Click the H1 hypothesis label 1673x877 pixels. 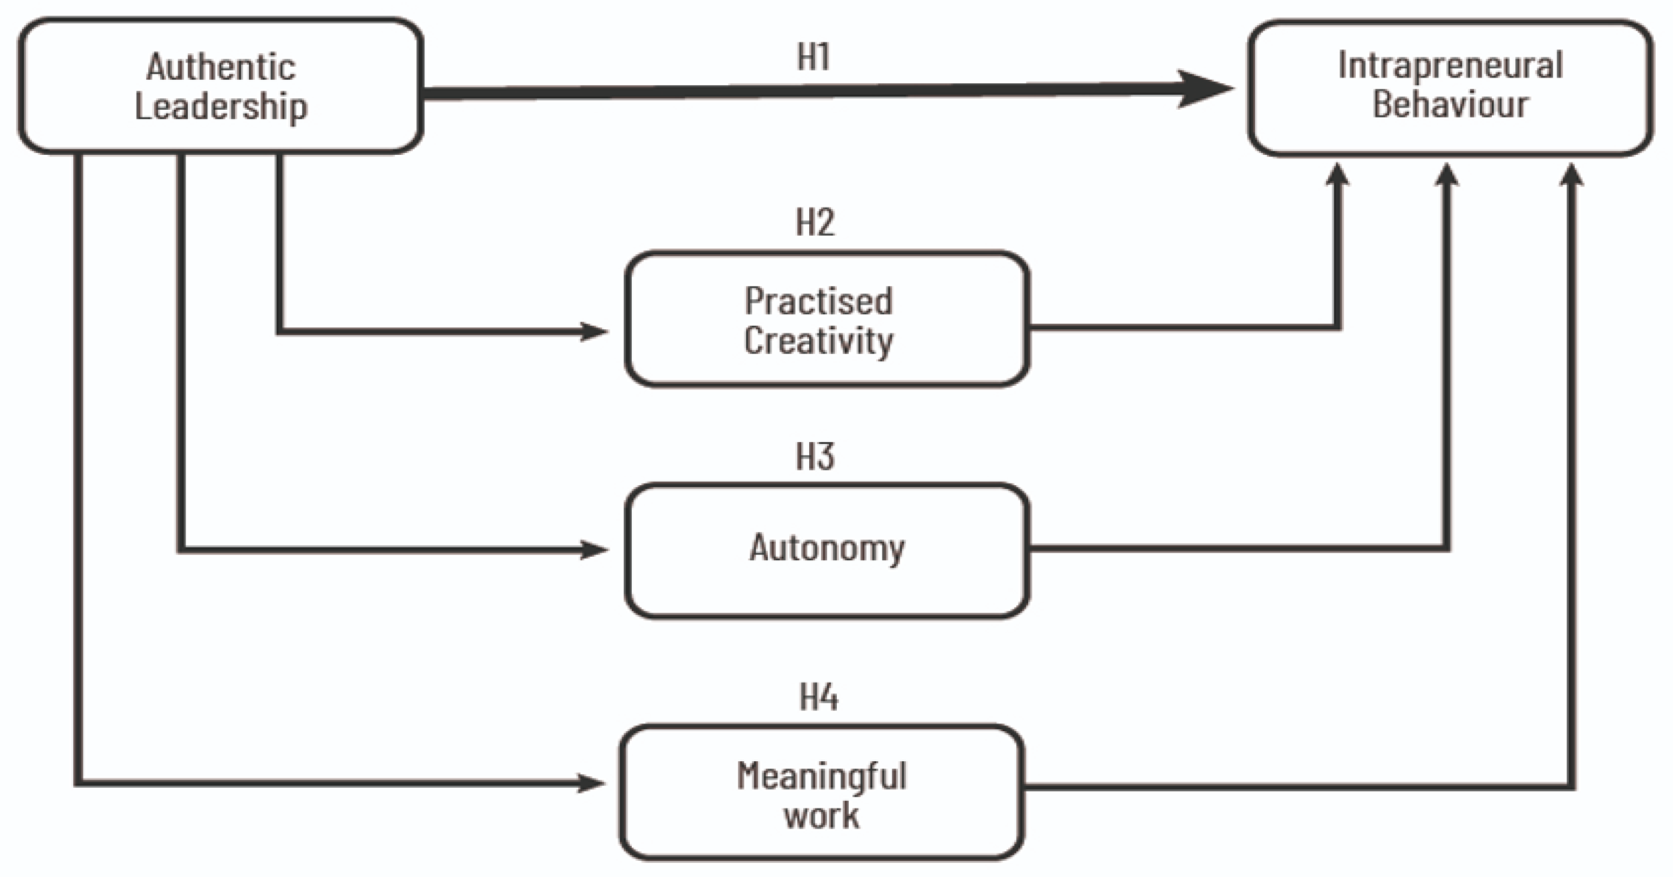click(x=813, y=57)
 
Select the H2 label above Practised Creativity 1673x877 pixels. click(x=815, y=223)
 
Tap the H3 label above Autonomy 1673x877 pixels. click(x=815, y=456)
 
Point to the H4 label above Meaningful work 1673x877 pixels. click(x=818, y=697)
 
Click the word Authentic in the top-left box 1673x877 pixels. click(x=221, y=67)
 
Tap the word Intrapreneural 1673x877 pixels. click(x=1450, y=65)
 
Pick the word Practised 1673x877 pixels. click(x=818, y=301)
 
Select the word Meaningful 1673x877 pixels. click(x=822, y=776)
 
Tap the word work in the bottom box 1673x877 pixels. click(x=822, y=816)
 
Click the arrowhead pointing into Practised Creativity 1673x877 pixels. click(x=594, y=331)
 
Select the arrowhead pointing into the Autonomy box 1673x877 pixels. click(x=594, y=549)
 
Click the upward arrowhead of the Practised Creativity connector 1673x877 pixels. click(x=1337, y=175)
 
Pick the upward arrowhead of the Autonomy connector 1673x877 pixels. click(x=1446, y=175)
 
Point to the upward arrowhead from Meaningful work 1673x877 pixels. click(x=1571, y=175)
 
